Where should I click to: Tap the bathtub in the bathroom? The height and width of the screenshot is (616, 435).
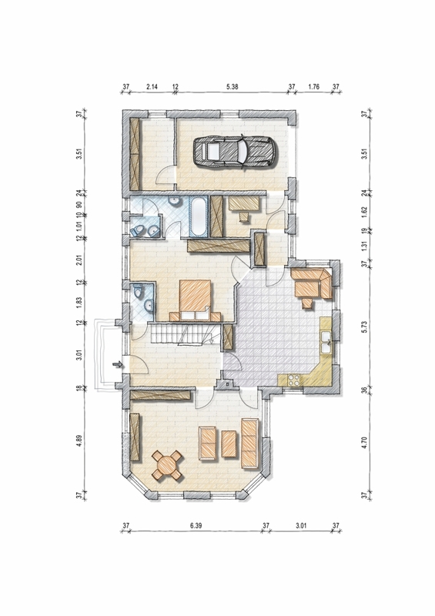199,216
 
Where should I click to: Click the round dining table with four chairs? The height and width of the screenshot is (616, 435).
167,466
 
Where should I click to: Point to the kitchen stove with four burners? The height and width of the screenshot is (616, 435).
293,379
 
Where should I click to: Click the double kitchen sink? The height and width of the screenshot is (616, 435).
326,342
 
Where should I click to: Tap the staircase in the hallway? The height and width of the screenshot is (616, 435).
185,334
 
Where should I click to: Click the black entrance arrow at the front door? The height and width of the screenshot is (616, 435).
118,365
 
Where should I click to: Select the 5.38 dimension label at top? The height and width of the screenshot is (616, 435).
233,87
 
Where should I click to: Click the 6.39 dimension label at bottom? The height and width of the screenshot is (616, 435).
196,525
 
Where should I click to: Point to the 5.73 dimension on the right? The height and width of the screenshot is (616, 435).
364,326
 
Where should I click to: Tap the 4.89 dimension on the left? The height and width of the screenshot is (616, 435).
79,441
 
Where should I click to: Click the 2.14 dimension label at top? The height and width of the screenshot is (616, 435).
152,87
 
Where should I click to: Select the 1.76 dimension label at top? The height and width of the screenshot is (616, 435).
313,87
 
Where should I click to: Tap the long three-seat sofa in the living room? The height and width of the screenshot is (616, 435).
249,444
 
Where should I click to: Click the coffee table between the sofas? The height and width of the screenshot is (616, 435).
229,444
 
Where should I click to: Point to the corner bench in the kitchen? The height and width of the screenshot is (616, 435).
313,283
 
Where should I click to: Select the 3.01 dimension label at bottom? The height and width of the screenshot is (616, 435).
300,525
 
